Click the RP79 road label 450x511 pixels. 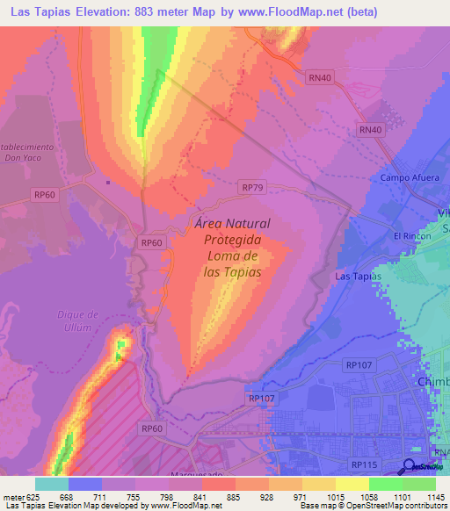point(252,187)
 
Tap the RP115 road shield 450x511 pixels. point(362,464)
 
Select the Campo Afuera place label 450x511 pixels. point(409,177)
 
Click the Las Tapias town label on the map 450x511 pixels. point(358,277)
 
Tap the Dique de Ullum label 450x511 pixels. point(76,320)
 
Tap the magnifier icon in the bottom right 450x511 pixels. point(410,466)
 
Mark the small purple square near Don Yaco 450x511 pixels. point(107,183)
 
